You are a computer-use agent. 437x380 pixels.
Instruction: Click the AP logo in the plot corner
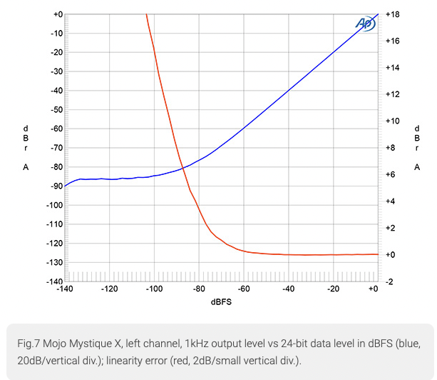point(364,23)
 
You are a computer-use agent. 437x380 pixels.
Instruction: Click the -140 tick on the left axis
point(54,281)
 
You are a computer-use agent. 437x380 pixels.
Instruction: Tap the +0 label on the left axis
point(57,14)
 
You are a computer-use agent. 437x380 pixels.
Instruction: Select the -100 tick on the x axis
point(154,289)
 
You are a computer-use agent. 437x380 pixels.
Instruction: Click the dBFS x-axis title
point(220,301)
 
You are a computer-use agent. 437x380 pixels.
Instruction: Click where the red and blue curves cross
point(183,167)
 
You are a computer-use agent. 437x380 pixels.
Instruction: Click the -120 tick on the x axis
point(110,289)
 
